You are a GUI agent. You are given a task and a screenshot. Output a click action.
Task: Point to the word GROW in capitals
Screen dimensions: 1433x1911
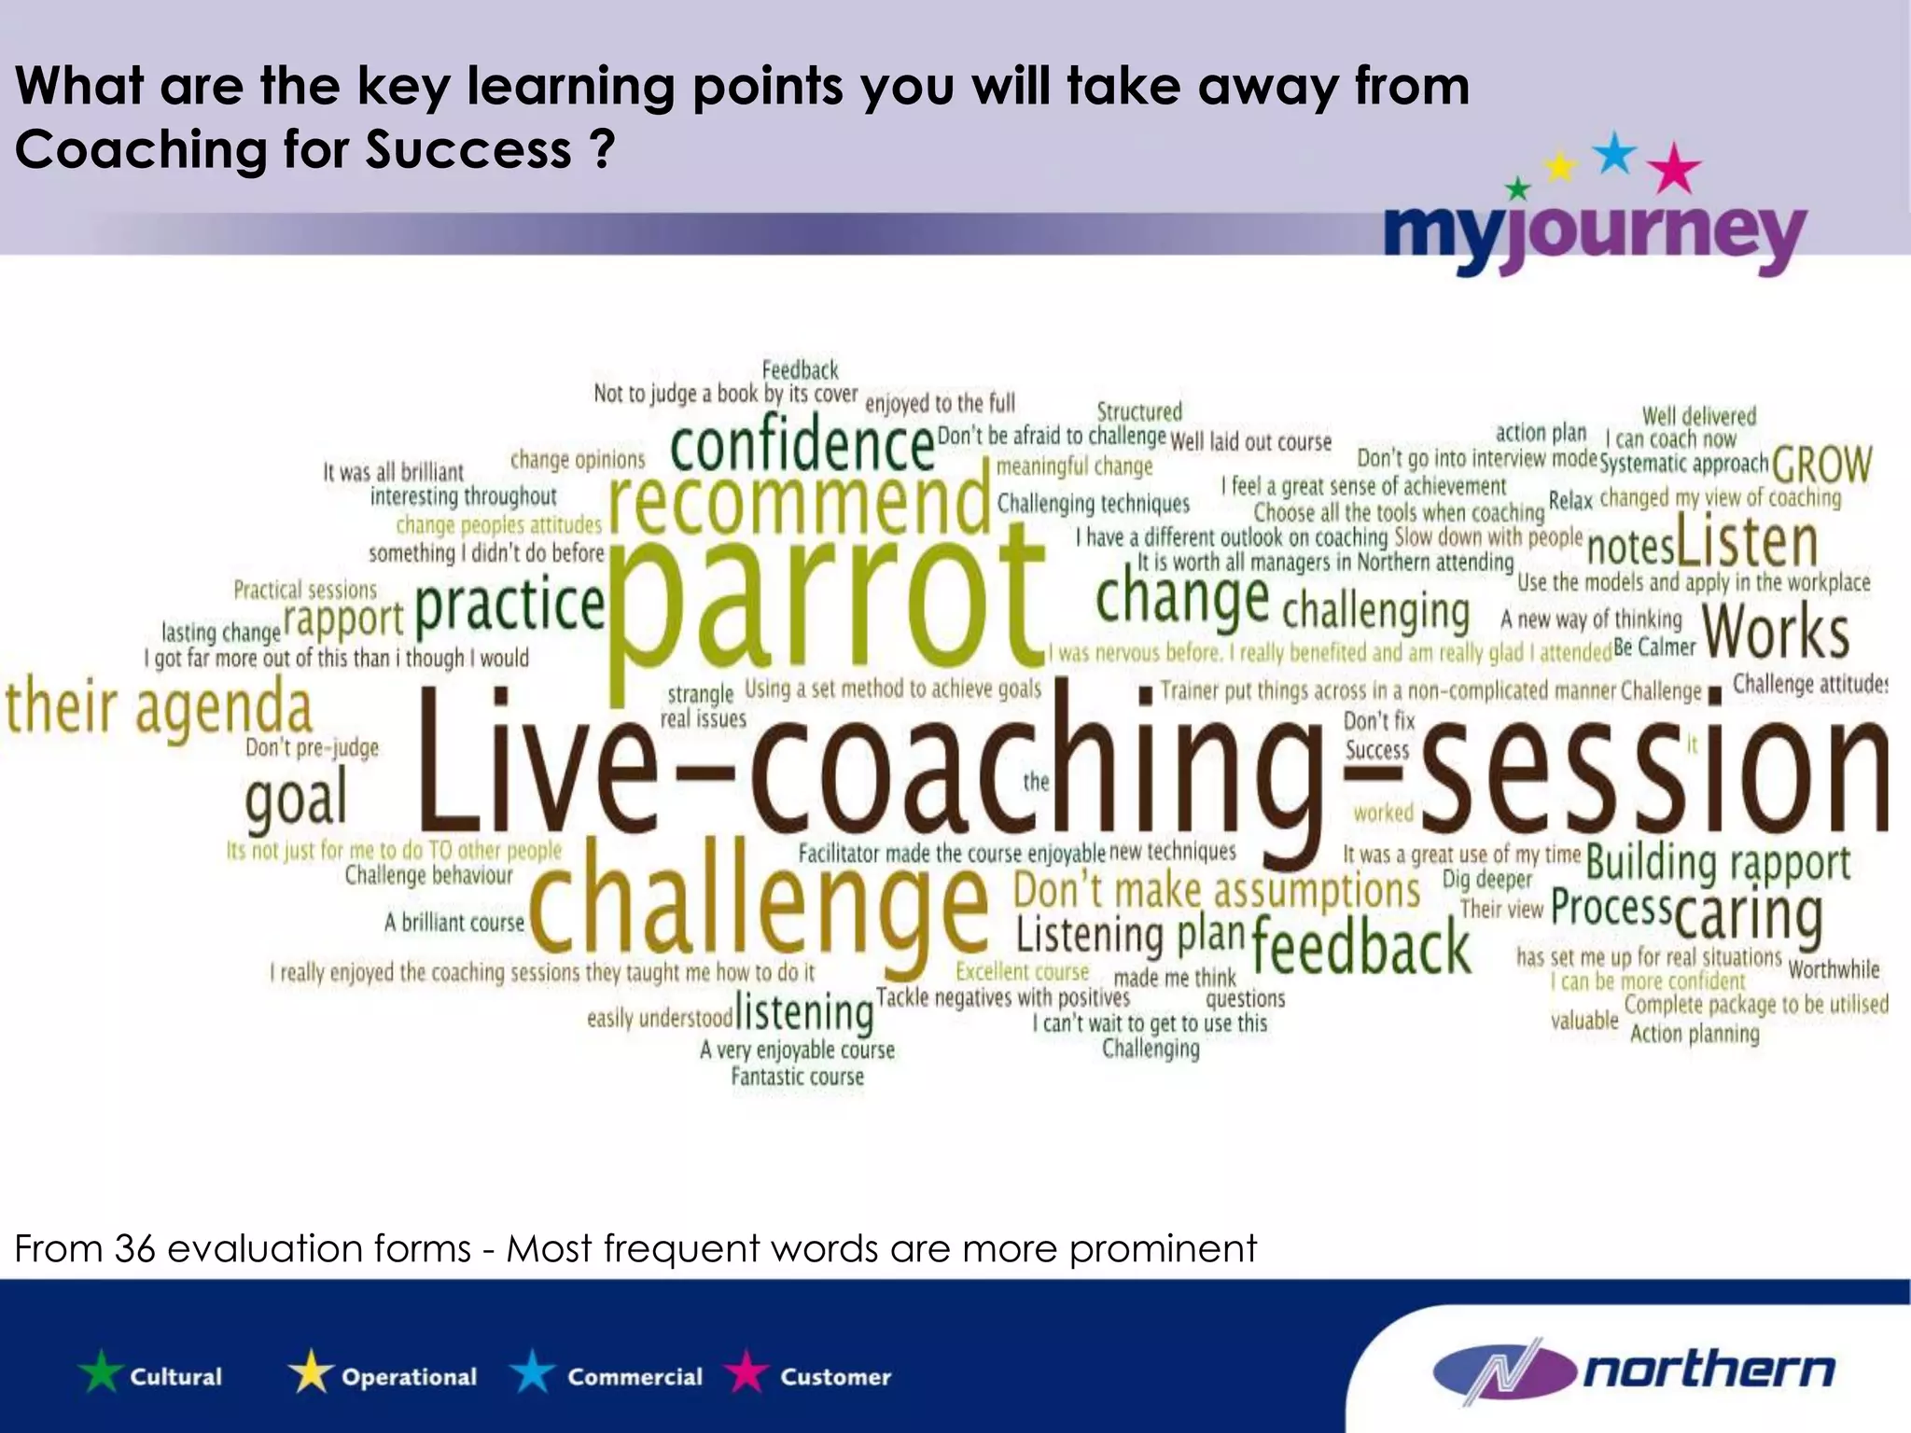(1821, 464)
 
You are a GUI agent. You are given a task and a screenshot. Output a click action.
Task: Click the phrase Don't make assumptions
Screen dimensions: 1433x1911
(1217, 891)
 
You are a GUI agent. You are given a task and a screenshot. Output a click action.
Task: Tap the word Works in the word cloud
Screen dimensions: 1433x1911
(1776, 632)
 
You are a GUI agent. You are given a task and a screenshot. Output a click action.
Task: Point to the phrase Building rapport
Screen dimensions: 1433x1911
(1717, 863)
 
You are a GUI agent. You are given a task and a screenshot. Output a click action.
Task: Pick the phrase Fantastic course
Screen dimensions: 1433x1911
(797, 1077)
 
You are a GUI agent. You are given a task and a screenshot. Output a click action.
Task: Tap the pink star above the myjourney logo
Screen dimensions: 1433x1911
(1675, 169)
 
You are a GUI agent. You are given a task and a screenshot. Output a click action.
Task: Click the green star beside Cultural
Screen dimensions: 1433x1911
(101, 1374)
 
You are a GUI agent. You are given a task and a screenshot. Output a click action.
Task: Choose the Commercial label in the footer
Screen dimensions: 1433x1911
(635, 1377)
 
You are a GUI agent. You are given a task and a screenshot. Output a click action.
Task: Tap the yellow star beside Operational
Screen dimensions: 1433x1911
(311, 1374)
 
